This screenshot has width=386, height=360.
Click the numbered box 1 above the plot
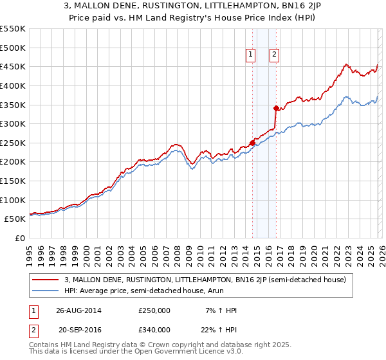pos(251,55)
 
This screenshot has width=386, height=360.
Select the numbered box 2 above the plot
pos(274,55)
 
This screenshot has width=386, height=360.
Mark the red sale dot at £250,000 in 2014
pos(252,143)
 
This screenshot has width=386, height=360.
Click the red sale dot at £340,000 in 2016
pos(276,108)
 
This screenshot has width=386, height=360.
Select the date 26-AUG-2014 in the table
pos(78,310)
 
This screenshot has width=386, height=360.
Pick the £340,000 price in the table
pos(154,330)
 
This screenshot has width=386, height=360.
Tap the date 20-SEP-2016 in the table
pos(78,330)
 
